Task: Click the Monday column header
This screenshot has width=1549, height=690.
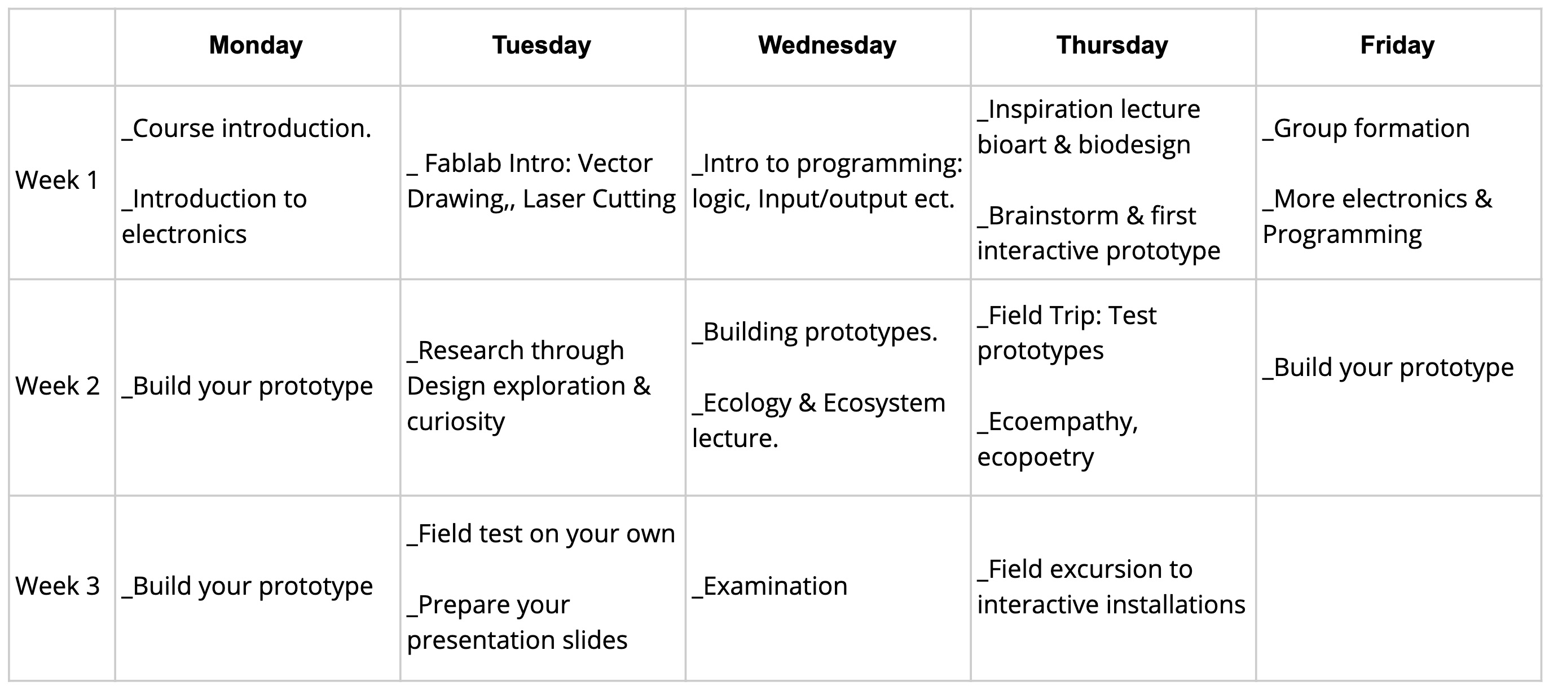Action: click(x=256, y=46)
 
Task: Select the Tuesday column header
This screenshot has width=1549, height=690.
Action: click(x=542, y=46)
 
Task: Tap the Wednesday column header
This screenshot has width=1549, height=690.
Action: click(x=828, y=46)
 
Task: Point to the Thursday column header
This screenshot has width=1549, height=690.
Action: click(x=1112, y=46)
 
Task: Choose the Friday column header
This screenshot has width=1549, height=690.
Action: click(x=1397, y=46)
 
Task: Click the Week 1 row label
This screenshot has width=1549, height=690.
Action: click(x=57, y=180)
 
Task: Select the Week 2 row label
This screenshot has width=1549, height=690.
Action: click(x=58, y=386)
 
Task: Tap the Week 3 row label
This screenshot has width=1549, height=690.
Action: click(x=58, y=586)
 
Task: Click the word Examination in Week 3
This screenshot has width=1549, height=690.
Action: click(x=775, y=586)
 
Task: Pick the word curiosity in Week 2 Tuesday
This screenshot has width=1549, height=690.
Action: click(x=456, y=422)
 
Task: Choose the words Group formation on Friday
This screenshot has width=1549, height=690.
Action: click(x=1372, y=129)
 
